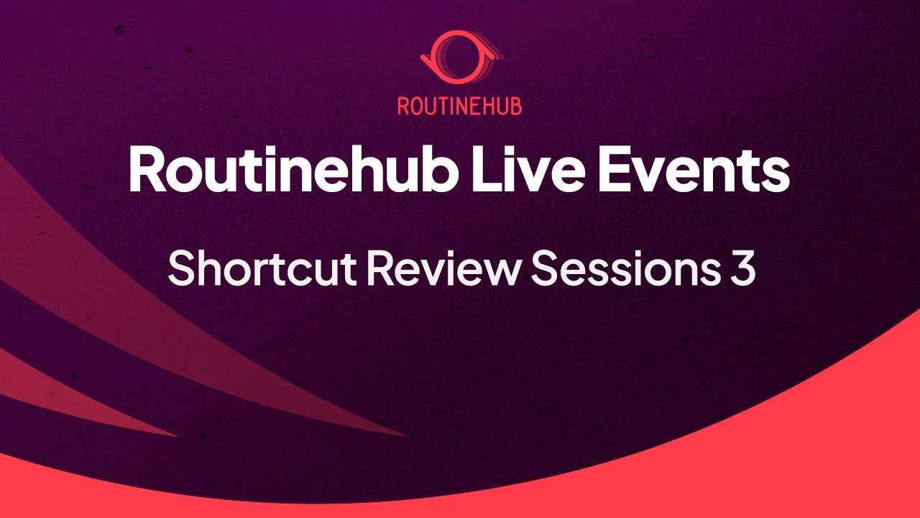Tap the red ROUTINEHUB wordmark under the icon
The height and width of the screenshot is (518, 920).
tap(460, 106)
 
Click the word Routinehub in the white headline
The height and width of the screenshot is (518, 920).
tap(288, 168)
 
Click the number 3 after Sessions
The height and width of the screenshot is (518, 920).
tap(742, 268)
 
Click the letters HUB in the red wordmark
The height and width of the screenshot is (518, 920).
tap(502, 106)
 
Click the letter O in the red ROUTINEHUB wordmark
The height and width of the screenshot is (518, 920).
tap(418, 106)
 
